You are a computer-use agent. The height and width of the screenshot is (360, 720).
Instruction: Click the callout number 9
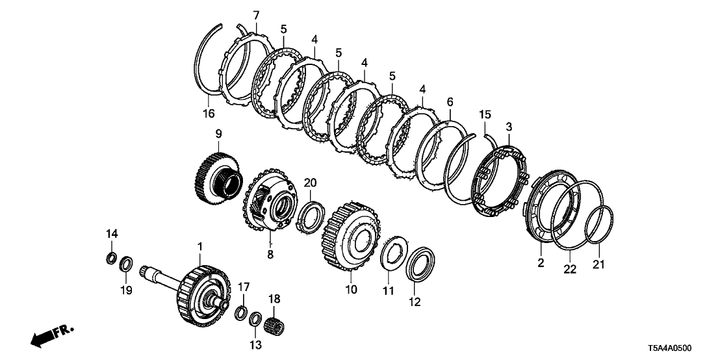pos(218,135)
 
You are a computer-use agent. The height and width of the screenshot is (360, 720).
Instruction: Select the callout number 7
pos(256,15)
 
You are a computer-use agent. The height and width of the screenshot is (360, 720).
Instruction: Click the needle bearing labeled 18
pos(275,321)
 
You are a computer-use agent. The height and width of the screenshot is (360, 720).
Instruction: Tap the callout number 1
pos(200,247)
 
